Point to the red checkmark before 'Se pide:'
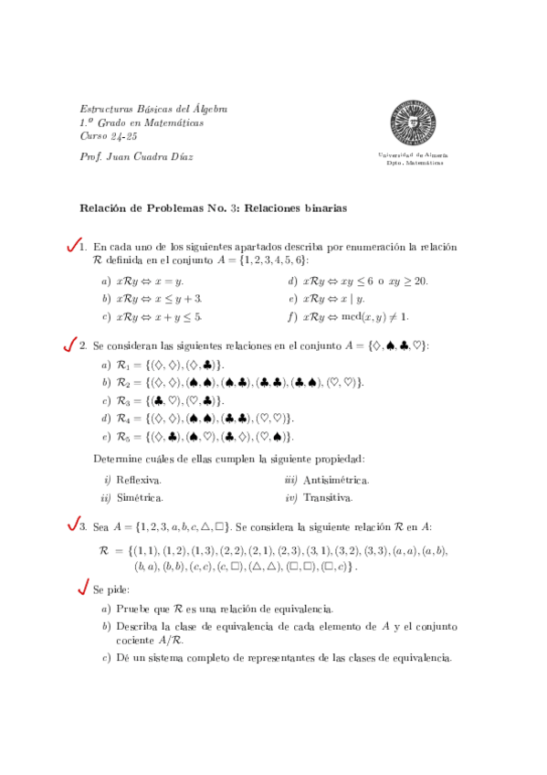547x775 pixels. [84, 588]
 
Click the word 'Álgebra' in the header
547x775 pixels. [206, 108]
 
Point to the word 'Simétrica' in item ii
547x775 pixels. [140, 498]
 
